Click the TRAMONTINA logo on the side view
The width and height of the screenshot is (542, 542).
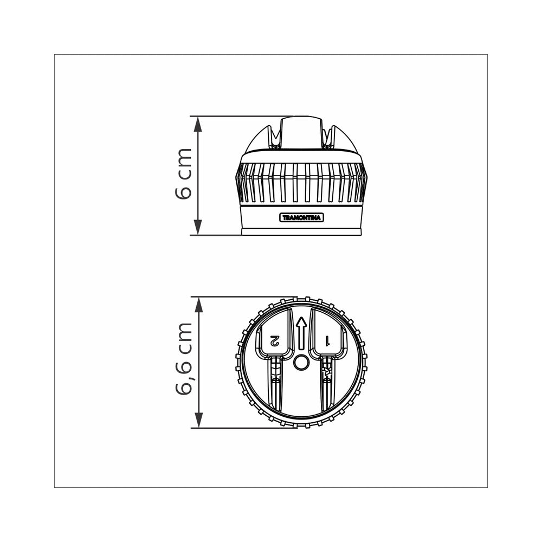(301, 217)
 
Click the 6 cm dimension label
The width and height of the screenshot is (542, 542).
(183, 174)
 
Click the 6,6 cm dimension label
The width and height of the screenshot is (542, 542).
(183, 359)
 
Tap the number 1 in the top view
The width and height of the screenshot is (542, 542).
(327, 340)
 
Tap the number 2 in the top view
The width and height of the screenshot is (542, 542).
(274, 340)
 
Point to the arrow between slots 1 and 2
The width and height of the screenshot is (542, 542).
(301, 333)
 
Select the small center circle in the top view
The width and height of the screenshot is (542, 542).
(301, 363)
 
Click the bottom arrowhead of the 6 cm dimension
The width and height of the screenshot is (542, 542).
(197, 228)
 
